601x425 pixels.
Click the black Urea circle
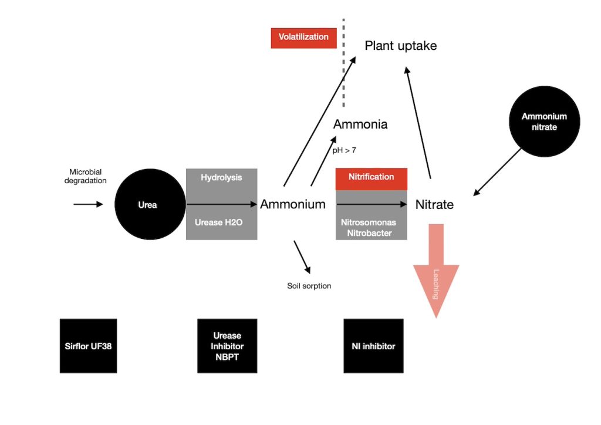point(147,205)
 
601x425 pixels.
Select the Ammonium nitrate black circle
point(544,122)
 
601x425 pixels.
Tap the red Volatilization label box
point(303,37)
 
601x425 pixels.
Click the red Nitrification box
point(371,177)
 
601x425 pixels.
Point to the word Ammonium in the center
point(292,204)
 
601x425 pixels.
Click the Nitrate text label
point(434,205)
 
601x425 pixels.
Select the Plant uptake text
point(401,46)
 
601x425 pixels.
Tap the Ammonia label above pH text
point(360,124)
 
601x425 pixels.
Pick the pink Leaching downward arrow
point(436,270)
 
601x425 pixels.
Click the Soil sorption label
point(309,286)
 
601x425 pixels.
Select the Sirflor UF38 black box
point(88,346)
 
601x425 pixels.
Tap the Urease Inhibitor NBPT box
point(227,346)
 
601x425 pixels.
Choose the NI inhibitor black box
point(373,346)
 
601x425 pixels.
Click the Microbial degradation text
point(88,176)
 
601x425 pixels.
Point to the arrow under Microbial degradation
point(88,204)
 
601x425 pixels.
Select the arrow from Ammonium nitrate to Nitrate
point(497,171)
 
